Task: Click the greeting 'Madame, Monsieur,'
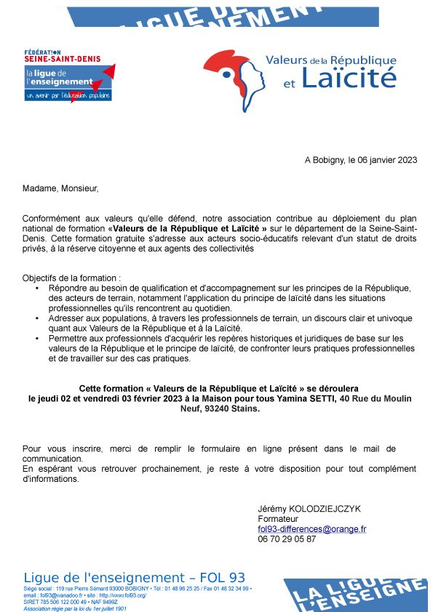[60, 189]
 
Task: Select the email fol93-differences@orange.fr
[312, 529]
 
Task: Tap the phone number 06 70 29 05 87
[287, 539]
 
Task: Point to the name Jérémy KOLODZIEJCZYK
[309, 508]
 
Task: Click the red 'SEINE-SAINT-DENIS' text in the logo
[63, 58]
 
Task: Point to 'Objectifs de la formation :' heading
[71, 278]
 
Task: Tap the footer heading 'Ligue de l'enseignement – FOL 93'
[135, 577]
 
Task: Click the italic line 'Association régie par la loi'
[75, 608]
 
